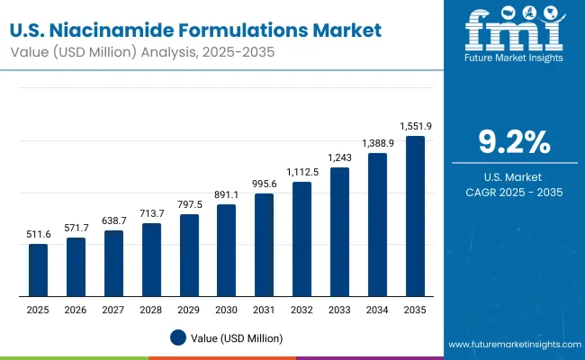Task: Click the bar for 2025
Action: [38, 270]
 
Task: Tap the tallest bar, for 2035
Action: [415, 216]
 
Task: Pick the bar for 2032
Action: [301, 238]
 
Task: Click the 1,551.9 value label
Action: [415, 127]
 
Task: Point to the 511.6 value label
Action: [38, 235]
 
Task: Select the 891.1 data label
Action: [226, 195]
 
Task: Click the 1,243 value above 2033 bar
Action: [339, 157]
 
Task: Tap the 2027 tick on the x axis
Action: [113, 310]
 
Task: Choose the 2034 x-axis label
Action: [377, 310]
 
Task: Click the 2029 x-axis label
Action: [188, 310]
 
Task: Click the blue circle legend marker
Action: [178, 337]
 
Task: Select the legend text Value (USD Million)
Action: [236, 337]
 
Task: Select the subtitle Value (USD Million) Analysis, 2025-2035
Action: [144, 53]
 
